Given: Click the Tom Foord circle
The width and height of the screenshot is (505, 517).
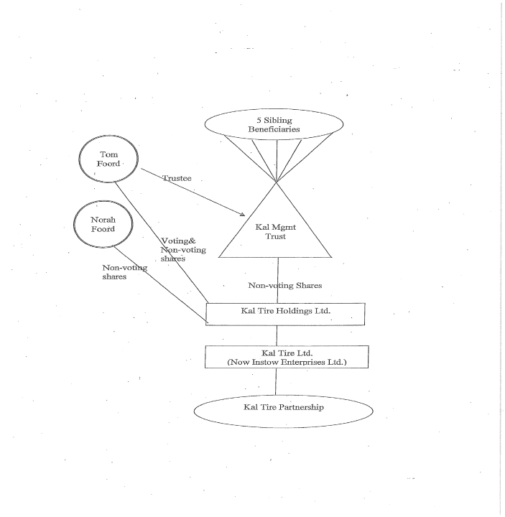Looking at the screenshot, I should [108, 159].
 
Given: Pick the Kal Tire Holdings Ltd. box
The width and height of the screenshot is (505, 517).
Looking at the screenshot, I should [285, 314].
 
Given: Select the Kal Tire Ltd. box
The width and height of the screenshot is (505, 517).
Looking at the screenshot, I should [287, 357].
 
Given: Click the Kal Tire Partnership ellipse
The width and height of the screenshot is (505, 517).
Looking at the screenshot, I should [283, 408].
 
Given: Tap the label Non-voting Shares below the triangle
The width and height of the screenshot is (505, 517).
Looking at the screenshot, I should [284, 286].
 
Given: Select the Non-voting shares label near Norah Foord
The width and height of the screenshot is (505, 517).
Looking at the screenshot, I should [124, 272].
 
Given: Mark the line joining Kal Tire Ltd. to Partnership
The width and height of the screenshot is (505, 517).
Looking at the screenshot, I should [277, 381].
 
